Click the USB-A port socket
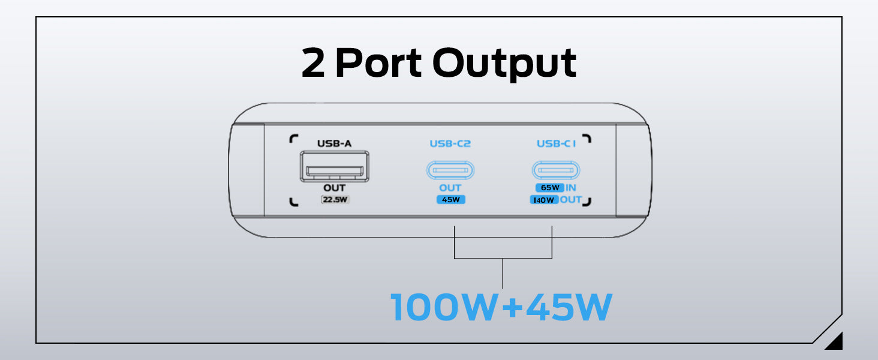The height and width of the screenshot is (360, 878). pyautogui.click(x=334, y=166)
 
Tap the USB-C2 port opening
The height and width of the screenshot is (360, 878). pyautogui.click(x=450, y=170)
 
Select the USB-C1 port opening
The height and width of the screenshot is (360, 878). pyautogui.click(x=556, y=170)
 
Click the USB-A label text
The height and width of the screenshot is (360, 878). pyautogui.click(x=334, y=143)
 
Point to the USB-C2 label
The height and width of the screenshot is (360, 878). pyautogui.click(x=450, y=143)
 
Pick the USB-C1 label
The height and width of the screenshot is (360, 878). pyautogui.click(x=555, y=143)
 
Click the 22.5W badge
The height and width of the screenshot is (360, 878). pyautogui.click(x=335, y=200)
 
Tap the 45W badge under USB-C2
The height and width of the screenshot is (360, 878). pyautogui.click(x=450, y=200)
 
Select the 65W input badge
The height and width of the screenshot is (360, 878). pyautogui.click(x=549, y=188)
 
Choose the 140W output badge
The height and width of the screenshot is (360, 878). pyautogui.click(x=544, y=200)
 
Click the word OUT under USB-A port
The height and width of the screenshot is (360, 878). pyautogui.click(x=334, y=188)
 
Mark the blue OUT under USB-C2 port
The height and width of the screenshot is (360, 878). pyautogui.click(x=450, y=188)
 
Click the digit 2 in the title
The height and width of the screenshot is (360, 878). pyautogui.click(x=313, y=64)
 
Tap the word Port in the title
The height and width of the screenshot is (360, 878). pyautogui.click(x=379, y=64)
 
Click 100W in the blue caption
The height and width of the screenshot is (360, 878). pyautogui.click(x=444, y=307)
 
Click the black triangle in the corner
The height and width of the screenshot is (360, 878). pyautogui.click(x=835, y=342)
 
